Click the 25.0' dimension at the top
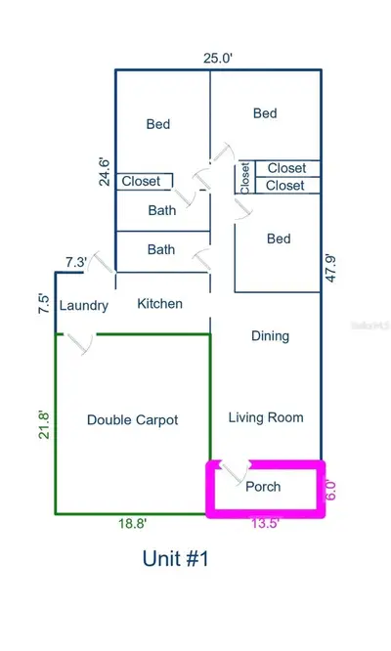tap(218, 58)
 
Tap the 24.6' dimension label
tap(105, 171)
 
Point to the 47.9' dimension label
tap(330, 269)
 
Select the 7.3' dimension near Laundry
tap(76, 262)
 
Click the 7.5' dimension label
tap(44, 303)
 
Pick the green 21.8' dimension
tap(44, 425)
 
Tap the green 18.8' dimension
tap(132, 523)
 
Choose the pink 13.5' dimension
tap(265, 523)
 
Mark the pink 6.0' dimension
tap(330, 490)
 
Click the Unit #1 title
tap(175, 558)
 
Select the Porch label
tap(263, 487)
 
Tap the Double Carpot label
tap(132, 420)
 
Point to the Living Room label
tap(266, 417)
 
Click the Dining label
tap(270, 336)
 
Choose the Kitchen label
tap(159, 303)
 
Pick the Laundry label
tap(84, 306)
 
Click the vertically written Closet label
tap(245, 178)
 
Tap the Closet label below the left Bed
tap(141, 181)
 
